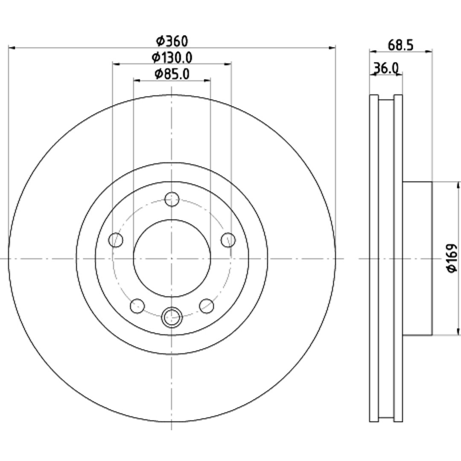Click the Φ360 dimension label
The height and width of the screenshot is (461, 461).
click(172, 41)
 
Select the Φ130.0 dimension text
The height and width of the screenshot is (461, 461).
click(172, 58)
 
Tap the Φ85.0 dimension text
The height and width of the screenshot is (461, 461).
click(172, 74)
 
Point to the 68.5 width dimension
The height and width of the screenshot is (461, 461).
click(401, 45)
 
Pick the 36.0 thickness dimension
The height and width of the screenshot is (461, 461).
click(386, 68)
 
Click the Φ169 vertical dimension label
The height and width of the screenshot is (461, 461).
click(452, 258)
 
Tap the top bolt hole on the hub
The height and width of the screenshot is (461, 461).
click(172, 199)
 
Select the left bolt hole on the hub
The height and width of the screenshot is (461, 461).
click(116, 240)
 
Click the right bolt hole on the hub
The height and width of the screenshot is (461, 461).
click(228, 240)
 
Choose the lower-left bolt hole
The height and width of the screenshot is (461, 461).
click(137, 306)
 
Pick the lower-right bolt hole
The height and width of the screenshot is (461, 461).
click(207, 306)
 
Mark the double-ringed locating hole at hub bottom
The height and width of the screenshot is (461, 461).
click(172, 317)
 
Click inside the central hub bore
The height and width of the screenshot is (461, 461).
click(172, 258)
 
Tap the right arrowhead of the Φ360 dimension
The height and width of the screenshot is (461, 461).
click(332, 47)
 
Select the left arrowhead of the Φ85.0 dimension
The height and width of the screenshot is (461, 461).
click(137, 80)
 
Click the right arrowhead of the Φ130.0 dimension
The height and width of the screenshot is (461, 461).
click(228, 64)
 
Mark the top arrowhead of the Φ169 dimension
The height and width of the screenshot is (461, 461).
click(458, 185)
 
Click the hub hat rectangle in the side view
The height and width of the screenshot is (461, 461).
click(417, 258)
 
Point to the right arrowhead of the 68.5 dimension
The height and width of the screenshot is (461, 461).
click(429, 52)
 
